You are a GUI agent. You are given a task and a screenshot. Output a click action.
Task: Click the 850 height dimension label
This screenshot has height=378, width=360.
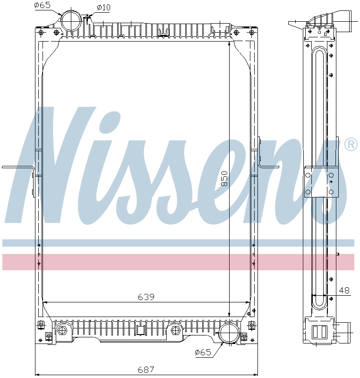pos(225,179)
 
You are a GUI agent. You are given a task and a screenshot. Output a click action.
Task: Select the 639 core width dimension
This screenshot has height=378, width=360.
pos(146,297)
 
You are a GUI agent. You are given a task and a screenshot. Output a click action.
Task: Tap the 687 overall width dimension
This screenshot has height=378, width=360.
pos(146,370)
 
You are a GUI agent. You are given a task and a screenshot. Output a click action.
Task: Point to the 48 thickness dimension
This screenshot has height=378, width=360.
pos(345,291)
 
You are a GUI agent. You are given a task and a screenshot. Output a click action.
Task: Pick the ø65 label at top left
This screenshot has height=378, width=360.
pos(43,6)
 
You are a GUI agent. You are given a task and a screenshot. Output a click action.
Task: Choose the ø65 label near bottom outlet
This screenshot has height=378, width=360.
pos(203,352)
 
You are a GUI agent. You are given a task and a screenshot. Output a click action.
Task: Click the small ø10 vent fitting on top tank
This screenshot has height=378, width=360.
pos(88,18)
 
